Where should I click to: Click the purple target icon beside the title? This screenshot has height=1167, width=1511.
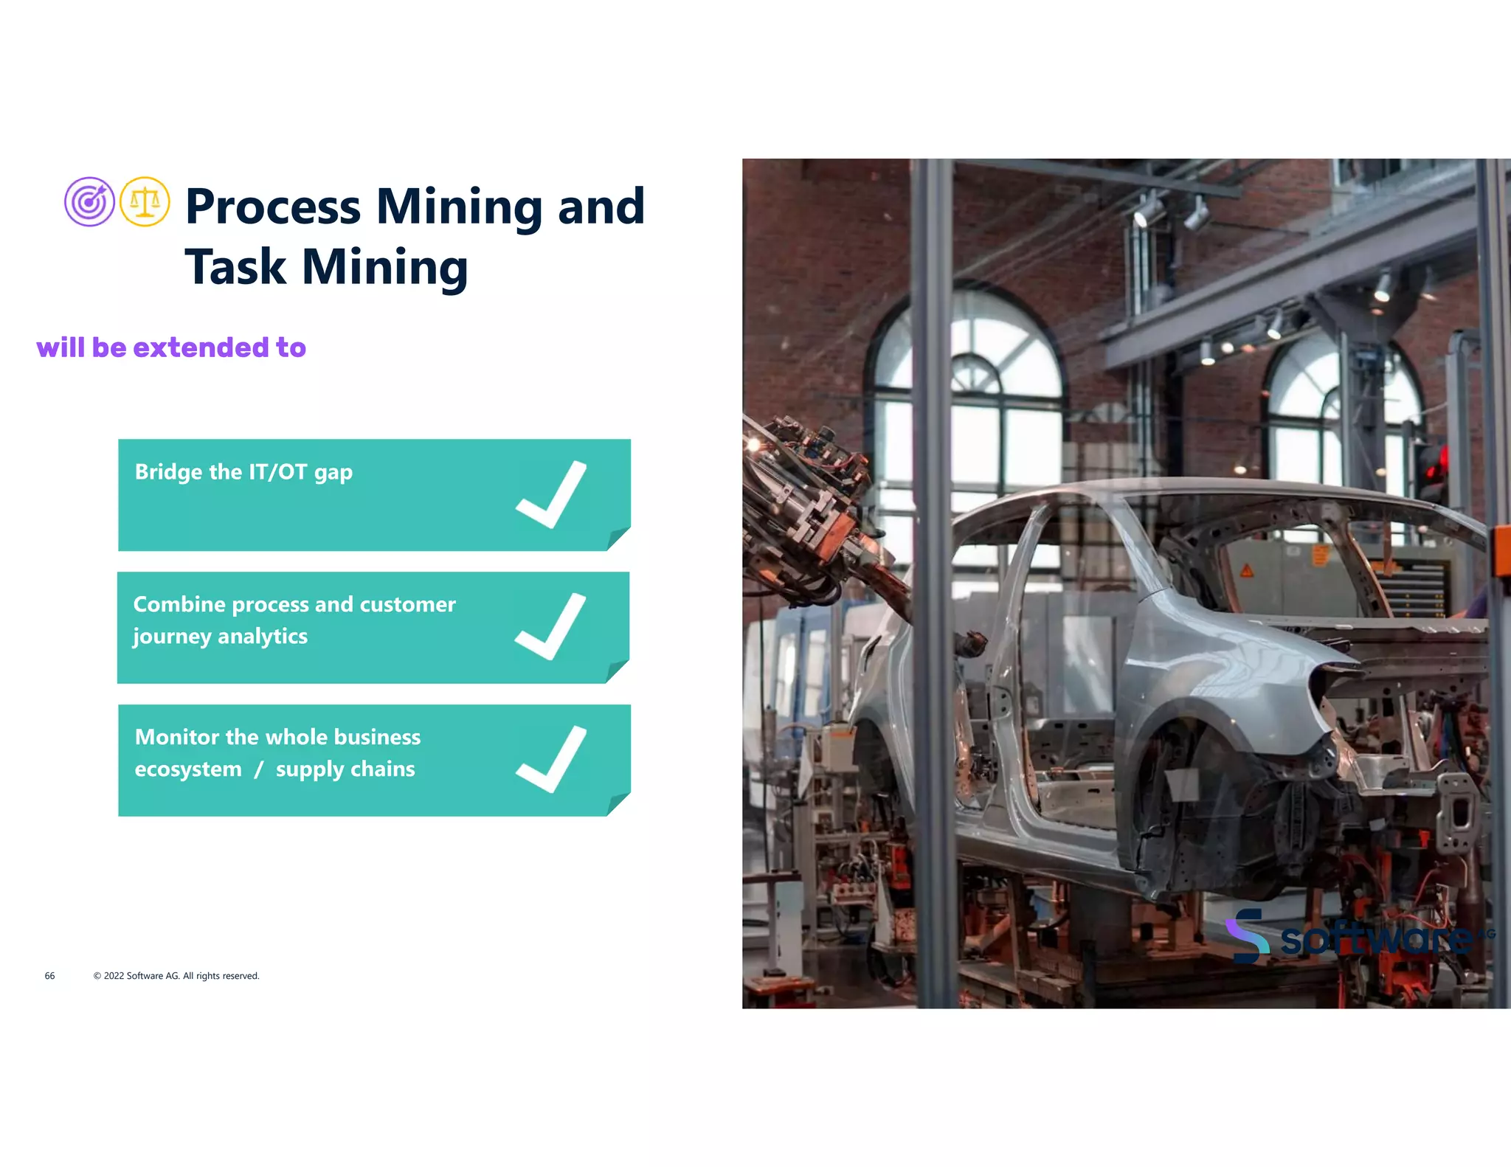[x=89, y=201]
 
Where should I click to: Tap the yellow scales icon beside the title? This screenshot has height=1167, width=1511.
[x=145, y=201]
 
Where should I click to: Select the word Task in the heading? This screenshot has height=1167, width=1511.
[x=235, y=267]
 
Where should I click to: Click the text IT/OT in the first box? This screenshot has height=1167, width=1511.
[x=278, y=472]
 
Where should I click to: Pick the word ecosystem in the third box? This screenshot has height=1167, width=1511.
[x=188, y=769]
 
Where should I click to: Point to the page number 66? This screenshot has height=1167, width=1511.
[x=49, y=976]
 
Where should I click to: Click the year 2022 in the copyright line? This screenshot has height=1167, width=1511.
[x=114, y=976]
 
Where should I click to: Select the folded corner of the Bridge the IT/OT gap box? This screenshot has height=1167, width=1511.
[x=618, y=539]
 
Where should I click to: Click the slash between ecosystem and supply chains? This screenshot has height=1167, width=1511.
[x=258, y=769]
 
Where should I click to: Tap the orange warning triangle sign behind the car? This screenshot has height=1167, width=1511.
[x=1246, y=570]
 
